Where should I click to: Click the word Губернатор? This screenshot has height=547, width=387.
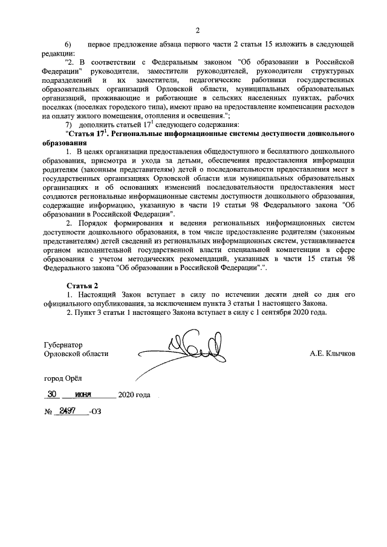pos(63,345)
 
